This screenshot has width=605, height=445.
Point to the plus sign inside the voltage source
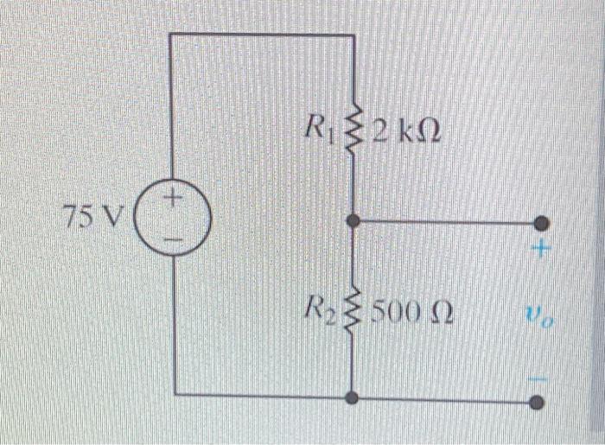[x=173, y=201]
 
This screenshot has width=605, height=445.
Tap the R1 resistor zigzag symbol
[x=353, y=134]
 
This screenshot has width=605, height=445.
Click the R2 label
[x=319, y=306]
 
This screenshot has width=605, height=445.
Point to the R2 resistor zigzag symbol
[x=353, y=308]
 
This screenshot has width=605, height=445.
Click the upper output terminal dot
[x=541, y=222]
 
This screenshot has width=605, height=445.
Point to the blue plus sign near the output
[x=541, y=251]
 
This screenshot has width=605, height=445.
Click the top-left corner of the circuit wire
[x=170, y=35]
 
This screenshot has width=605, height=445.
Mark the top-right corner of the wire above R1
[x=353, y=35]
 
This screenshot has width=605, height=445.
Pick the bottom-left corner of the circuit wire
[x=175, y=393]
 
